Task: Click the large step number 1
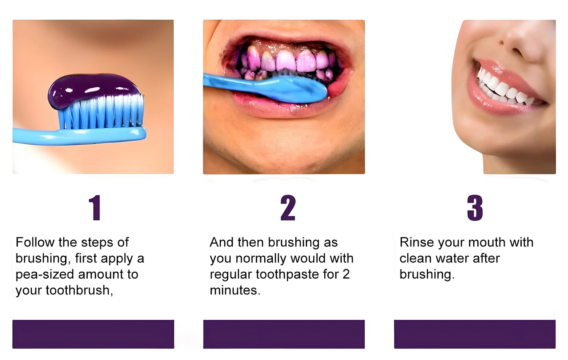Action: coord(96,208)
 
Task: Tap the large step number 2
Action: coord(288,208)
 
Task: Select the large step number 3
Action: coord(475,208)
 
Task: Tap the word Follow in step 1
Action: coord(35,242)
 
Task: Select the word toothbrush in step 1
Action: coord(79,290)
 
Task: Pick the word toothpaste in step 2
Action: coord(287,275)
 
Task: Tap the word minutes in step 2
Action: coord(235,290)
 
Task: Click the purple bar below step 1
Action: coord(93,334)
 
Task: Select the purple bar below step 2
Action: coord(284,334)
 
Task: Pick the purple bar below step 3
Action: coord(475,334)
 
